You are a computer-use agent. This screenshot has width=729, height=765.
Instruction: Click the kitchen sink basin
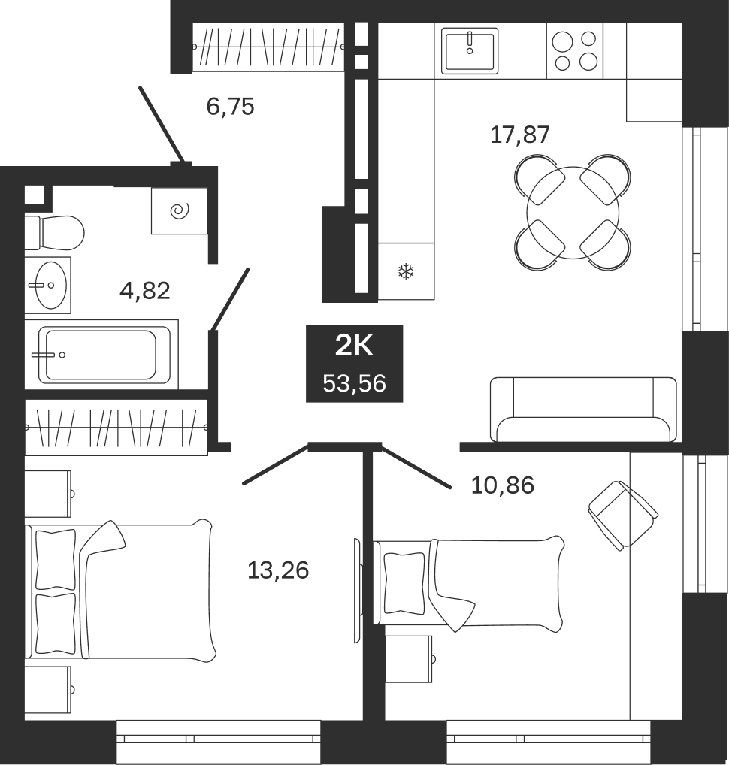point(470,51)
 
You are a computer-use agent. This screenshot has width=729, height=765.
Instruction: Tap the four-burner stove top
point(575,51)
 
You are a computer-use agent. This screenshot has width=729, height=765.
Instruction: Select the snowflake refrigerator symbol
point(406,271)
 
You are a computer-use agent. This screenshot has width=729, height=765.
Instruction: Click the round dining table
point(573,212)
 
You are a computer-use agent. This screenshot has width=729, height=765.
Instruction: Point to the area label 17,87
point(519,135)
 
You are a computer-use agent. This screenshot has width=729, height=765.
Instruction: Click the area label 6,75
point(230,107)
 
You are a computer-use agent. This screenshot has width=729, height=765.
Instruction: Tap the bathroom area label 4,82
point(145,291)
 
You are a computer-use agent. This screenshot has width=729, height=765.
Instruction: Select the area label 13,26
point(278,570)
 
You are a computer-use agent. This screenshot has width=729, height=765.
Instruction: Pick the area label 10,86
point(503,485)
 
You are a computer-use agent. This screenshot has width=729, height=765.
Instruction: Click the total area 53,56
point(354,383)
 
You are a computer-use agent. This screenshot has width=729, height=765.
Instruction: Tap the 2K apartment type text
point(354,346)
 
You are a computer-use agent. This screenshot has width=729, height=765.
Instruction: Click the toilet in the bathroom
point(54,233)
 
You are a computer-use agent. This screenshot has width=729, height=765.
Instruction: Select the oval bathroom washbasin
point(52,285)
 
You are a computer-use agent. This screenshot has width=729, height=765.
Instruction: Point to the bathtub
point(101,355)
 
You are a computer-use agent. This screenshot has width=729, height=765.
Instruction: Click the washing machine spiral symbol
point(180,211)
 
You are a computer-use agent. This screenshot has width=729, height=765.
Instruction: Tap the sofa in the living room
point(583,410)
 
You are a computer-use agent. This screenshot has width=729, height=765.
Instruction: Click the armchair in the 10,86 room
point(623,516)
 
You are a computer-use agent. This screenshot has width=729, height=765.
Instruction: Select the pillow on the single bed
point(404,583)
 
